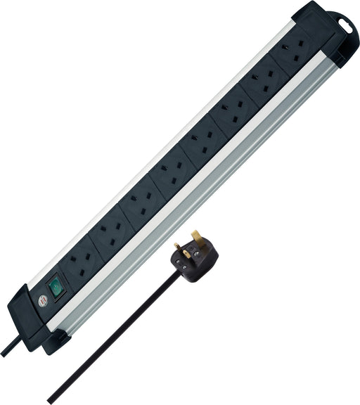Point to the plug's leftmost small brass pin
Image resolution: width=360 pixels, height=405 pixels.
pyautogui.click(x=177, y=247)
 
